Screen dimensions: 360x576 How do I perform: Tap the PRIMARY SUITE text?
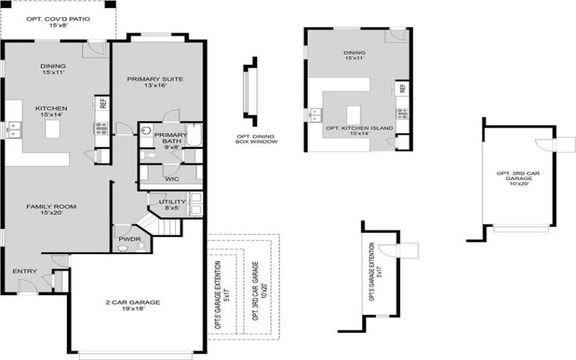coord(156,79)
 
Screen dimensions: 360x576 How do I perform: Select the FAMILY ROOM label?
coord(51,207)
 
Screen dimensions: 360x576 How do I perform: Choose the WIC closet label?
coord(171,178)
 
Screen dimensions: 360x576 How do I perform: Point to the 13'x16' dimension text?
coord(156,86)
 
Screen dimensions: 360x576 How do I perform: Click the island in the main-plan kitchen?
coord(52,129)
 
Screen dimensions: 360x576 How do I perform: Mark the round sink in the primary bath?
coord(146,132)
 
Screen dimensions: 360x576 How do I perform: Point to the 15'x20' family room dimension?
coord(51,214)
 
